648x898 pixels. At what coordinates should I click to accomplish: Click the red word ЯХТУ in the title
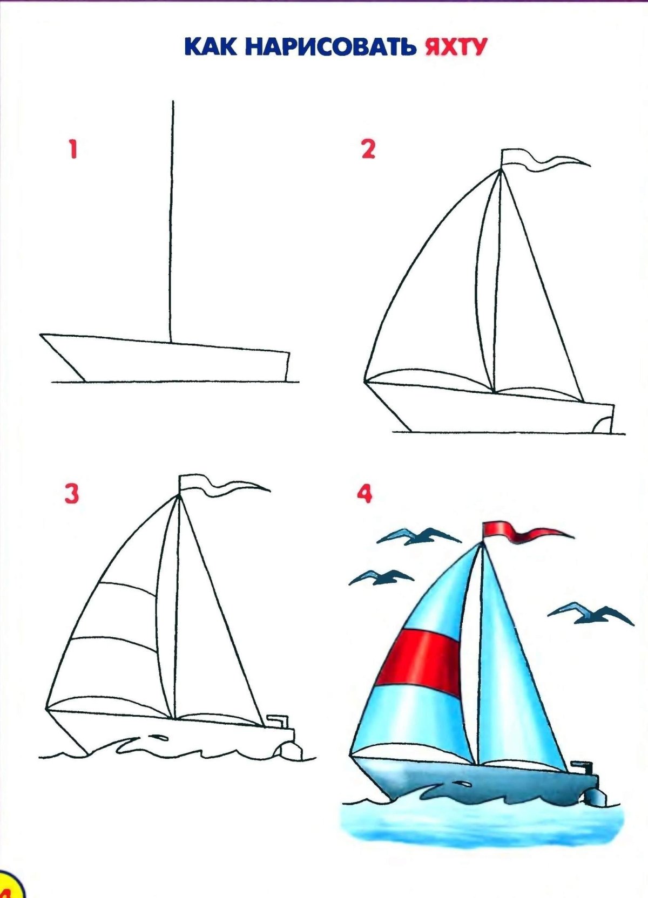455,47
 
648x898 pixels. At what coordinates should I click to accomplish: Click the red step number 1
72,149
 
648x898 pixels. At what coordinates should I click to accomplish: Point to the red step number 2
368,149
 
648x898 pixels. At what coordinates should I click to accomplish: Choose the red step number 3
72,493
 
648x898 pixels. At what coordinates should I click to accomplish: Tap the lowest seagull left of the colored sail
381,577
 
